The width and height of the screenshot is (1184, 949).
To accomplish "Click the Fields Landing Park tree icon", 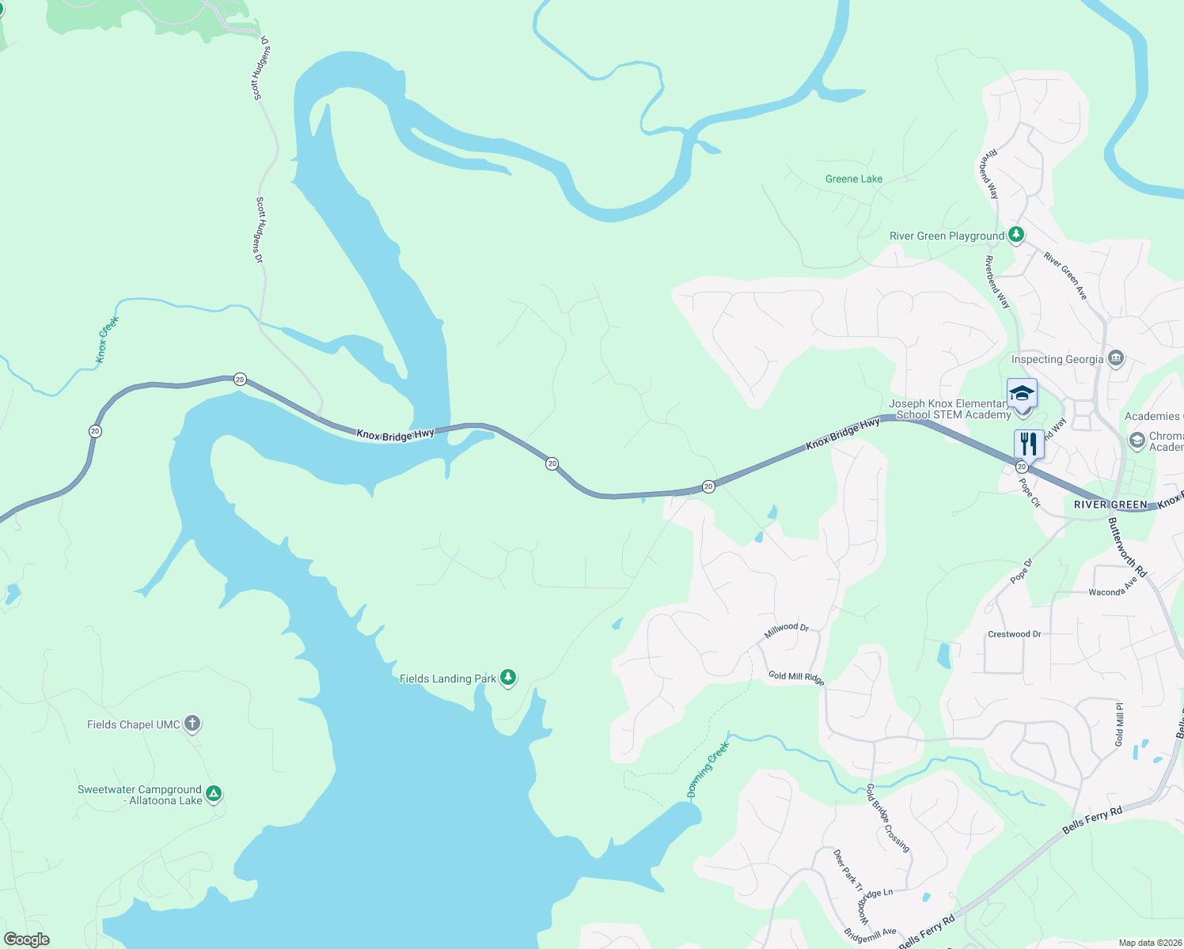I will click(508, 678).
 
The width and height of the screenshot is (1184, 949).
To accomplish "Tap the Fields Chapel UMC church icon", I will click(192, 724).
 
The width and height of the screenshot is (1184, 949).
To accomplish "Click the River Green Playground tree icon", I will click(1016, 235).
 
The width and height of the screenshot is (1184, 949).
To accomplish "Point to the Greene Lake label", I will click(853, 179).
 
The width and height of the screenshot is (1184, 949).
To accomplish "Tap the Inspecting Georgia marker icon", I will click(1116, 359).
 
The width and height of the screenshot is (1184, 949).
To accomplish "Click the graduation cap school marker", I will click(1022, 394).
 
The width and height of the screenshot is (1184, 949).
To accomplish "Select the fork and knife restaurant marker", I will click(1028, 444).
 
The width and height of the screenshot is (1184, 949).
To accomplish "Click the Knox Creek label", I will click(107, 339).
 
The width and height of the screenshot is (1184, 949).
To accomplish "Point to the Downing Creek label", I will click(707, 769).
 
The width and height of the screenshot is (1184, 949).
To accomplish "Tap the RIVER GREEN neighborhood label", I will click(1110, 505).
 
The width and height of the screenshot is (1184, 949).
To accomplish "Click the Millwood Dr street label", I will click(786, 630).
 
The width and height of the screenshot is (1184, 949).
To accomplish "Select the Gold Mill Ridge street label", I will click(796, 678).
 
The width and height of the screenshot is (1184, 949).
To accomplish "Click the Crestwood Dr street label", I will click(1014, 634).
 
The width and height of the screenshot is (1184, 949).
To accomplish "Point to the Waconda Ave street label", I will click(1113, 588).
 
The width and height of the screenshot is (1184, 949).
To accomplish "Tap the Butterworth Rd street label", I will click(1127, 546).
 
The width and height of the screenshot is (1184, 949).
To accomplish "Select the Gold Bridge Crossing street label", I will click(886, 818).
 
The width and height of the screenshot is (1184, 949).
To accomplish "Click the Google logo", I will click(26, 940).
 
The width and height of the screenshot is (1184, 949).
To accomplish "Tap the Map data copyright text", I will click(1149, 943).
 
